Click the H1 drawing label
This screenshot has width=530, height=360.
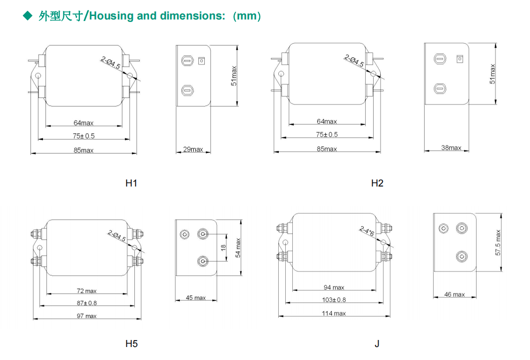[131, 183]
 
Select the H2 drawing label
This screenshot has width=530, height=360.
[377, 183]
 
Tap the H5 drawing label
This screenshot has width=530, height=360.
[131, 343]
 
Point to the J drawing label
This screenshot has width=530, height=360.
[377, 343]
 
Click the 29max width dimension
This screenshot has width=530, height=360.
[193, 149]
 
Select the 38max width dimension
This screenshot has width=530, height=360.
[452, 147]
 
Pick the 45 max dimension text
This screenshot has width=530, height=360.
[196, 298]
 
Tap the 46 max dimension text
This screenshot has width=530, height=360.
[455, 294]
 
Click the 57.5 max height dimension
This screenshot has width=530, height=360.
[498, 242]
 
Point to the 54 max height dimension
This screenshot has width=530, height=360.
[238, 247]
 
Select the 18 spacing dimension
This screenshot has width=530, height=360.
[224, 246]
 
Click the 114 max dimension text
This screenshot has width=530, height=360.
[334, 313]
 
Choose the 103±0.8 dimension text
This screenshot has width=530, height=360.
[334, 300]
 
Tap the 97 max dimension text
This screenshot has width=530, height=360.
[87, 316]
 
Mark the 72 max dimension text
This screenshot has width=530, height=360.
[87, 291]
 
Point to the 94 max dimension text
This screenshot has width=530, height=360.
[334, 287]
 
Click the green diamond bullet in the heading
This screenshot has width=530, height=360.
[28, 16]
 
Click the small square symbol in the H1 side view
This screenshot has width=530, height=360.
[202, 61]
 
